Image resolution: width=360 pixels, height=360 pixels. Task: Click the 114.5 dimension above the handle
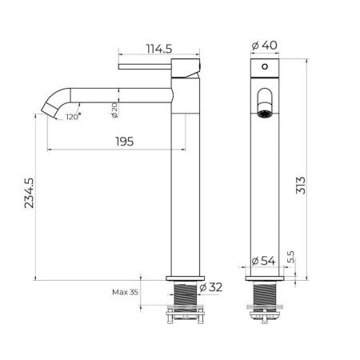click(159, 49)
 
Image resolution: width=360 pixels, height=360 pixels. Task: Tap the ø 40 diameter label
click(264, 46)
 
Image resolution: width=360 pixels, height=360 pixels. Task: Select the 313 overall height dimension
click(301, 185)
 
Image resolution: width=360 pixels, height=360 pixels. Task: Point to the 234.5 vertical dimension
click(29, 193)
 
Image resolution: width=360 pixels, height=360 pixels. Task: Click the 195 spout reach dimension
click(125, 142)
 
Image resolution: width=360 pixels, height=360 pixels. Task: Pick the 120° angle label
click(74, 117)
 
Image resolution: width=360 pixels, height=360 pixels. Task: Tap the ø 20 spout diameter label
click(114, 110)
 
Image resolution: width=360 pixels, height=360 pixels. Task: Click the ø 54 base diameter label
click(263, 261)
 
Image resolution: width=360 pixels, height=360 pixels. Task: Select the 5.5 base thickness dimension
click(291, 257)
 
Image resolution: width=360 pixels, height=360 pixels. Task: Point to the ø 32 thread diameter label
click(210, 287)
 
